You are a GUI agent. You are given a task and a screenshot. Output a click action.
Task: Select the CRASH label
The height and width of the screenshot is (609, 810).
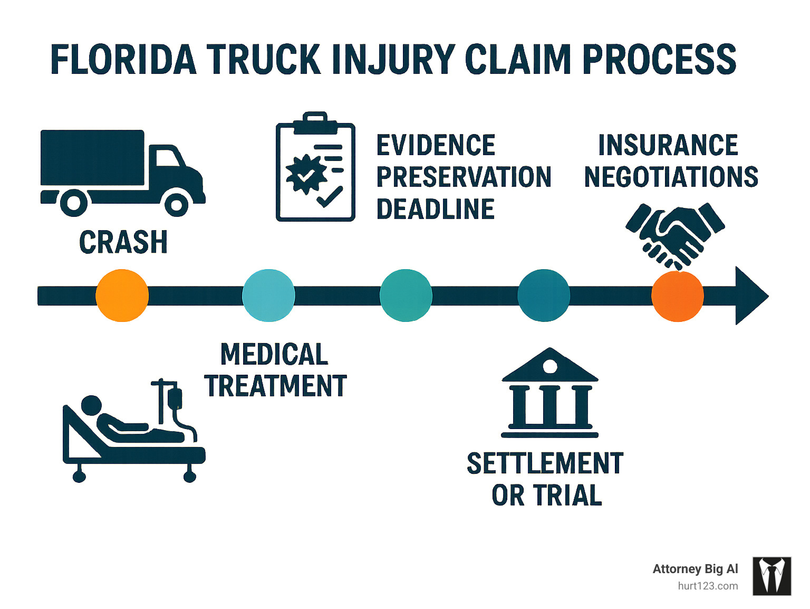[x=123, y=242]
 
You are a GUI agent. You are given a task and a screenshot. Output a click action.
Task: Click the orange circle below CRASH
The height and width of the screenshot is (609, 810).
[x=122, y=296]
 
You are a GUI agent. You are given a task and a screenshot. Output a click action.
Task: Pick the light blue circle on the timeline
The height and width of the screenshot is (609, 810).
[x=268, y=296]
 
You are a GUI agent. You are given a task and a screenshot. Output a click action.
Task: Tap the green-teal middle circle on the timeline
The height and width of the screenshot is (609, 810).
[x=406, y=296]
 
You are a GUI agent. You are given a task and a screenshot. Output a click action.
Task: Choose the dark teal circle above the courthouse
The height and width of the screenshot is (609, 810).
[x=544, y=296]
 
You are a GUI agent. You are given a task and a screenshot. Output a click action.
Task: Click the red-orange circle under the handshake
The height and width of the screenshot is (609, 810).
[x=678, y=296]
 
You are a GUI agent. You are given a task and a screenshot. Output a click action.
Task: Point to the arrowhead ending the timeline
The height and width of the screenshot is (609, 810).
[x=750, y=296]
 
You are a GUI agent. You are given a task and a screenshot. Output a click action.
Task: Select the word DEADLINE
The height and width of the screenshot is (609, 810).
[x=436, y=210]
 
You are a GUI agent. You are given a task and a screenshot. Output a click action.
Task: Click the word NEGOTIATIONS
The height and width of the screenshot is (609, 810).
[x=671, y=177]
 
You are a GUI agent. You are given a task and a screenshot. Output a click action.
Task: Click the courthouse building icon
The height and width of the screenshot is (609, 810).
[x=550, y=393]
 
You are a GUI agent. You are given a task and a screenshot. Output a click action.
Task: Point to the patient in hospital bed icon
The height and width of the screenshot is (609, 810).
[x=133, y=431]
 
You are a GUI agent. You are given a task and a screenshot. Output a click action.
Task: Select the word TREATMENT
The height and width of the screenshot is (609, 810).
[x=275, y=386]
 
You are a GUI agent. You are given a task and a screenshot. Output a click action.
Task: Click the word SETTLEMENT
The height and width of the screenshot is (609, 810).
[x=545, y=463]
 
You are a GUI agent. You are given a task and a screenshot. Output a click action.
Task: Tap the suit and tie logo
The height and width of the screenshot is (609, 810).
[x=772, y=576]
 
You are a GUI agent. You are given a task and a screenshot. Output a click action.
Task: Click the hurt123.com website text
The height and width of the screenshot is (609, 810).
[x=708, y=586]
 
